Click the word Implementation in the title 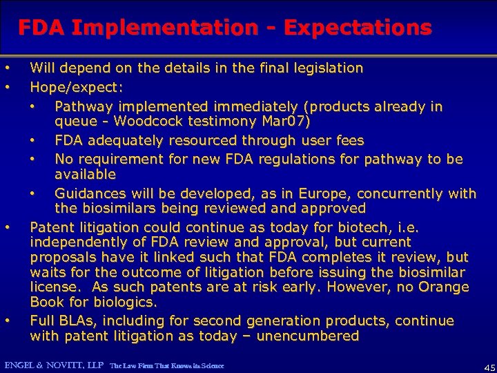point(163,28)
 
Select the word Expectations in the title point(358,28)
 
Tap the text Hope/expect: point(77,88)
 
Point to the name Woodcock point(143,122)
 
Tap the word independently point(77,242)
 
